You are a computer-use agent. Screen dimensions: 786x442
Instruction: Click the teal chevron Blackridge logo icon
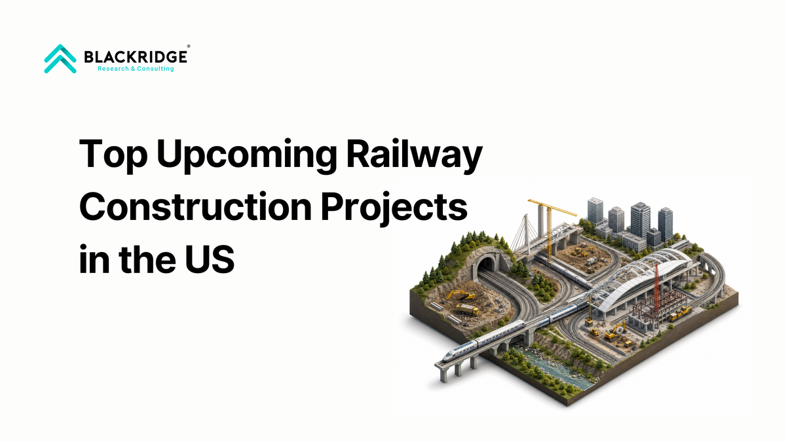pyautogui.click(x=60, y=58)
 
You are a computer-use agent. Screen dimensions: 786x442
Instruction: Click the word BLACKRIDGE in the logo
pyautogui.click(x=136, y=57)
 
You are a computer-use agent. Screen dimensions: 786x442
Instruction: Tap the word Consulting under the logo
pyautogui.click(x=155, y=69)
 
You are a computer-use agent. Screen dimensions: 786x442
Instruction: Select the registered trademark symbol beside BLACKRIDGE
pyautogui.click(x=189, y=46)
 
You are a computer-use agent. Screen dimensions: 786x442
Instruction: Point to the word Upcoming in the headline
pyautogui.click(x=247, y=155)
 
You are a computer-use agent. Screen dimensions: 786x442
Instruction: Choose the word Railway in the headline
pyautogui.click(x=415, y=155)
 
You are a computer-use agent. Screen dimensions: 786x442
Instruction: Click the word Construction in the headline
pyautogui.click(x=195, y=207)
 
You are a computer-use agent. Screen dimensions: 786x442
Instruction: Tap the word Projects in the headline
pyautogui.click(x=394, y=208)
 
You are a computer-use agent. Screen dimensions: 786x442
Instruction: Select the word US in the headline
pyautogui.click(x=210, y=259)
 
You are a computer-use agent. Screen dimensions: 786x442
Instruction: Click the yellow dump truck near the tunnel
pyautogui.click(x=467, y=309)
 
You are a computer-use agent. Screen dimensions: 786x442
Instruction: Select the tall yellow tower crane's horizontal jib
pyautogui.click(x=552, y=208)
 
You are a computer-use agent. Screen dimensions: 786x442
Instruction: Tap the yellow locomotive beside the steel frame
pyautogui.click(x=681, y=313)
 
